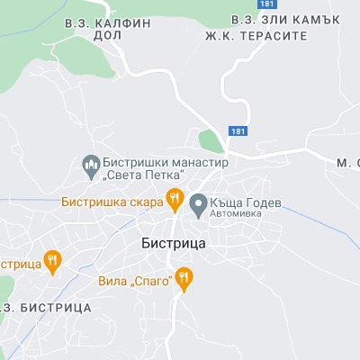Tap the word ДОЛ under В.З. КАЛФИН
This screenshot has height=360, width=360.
point(106,37)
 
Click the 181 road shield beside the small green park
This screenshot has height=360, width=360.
point(236,131)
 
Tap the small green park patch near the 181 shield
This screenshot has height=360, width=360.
point(210,140)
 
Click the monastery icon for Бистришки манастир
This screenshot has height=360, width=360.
point(90,166)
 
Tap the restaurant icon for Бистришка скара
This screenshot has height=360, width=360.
point(175,200)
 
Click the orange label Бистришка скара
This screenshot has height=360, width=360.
point(112,202)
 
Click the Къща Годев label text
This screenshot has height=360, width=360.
point(245,202)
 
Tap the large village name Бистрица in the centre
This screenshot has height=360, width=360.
point(175,243)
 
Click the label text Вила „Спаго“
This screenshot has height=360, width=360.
point(135,282)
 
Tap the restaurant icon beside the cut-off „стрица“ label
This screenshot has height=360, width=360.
point(52,261)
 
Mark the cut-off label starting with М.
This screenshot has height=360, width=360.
point(347,163)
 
